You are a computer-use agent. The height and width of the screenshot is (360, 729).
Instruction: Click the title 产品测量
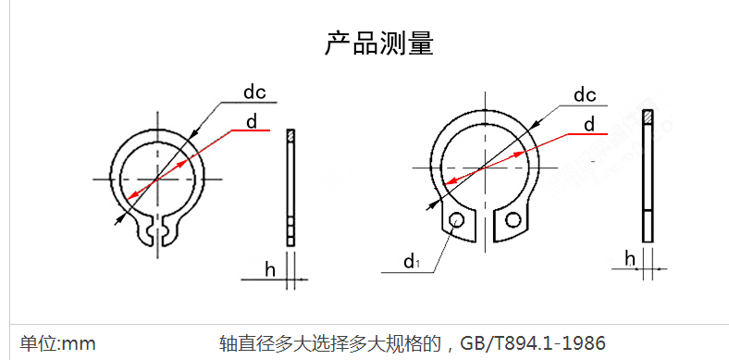[378, 43]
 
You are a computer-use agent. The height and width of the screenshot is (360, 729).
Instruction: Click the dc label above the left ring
[254, 92]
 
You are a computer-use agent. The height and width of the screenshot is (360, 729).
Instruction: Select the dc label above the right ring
[584, 94]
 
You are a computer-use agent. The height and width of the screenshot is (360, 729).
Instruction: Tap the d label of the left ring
[252, 121]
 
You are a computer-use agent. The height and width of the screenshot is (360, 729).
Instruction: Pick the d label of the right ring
[588, 124]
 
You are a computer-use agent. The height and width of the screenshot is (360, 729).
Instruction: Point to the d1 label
[411, 262]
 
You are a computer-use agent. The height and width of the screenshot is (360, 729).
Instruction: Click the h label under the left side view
[270, 269]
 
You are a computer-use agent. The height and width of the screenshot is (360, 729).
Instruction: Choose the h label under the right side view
[629, 258]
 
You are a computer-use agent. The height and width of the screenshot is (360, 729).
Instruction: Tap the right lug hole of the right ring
[513, 219]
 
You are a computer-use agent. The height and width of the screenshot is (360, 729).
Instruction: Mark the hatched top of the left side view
[290, 136]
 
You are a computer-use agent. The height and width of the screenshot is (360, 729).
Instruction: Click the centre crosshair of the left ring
[157, 177]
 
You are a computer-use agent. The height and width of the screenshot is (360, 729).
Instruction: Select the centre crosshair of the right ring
[482, 168]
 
